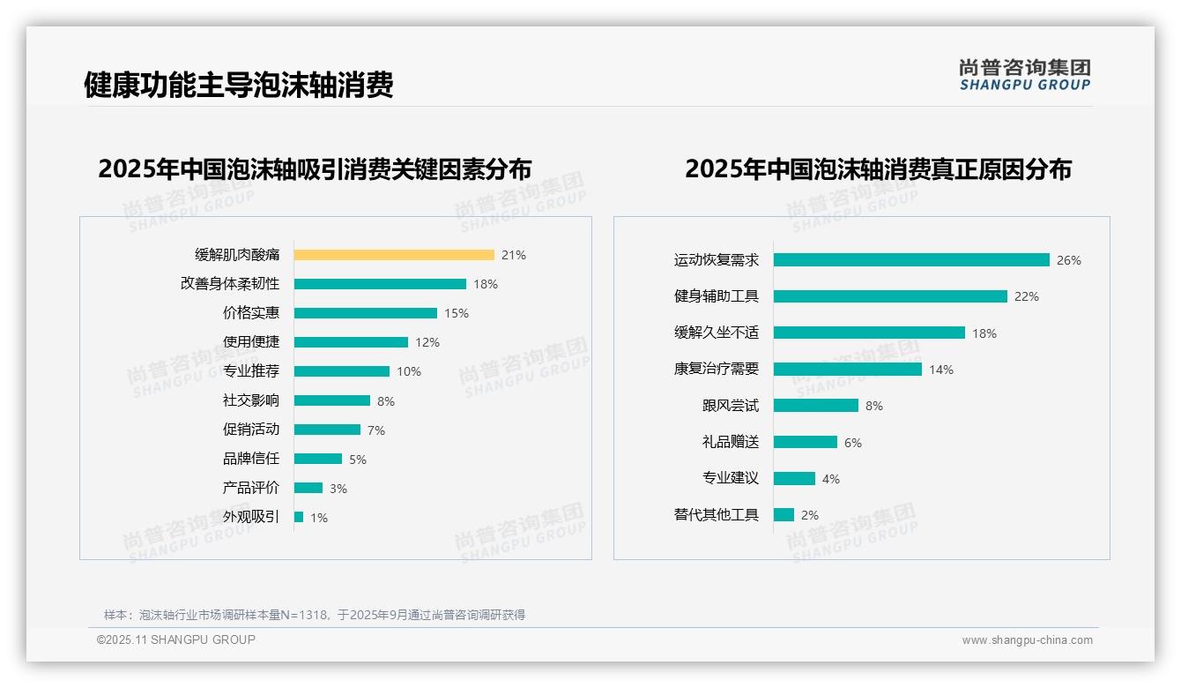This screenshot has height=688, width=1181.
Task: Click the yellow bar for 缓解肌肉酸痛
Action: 394,255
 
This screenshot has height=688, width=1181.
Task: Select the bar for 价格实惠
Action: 366,313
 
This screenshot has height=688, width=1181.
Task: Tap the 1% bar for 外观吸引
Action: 299,517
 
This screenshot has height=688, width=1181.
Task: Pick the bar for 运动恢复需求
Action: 911,260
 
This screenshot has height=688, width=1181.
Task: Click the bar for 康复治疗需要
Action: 848,370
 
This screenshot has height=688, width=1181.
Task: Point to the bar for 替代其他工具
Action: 784,514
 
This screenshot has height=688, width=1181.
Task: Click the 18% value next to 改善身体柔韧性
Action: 486,284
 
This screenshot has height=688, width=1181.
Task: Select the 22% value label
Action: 1026,296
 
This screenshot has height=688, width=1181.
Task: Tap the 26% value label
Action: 1068,260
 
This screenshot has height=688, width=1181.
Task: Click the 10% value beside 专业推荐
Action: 409,371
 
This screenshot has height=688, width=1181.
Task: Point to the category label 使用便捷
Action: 251,342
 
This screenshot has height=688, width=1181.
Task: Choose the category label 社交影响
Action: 251,400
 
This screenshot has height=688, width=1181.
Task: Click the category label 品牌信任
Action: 251,459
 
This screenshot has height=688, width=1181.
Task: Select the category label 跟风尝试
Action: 730,406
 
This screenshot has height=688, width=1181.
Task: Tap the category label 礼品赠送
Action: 730,442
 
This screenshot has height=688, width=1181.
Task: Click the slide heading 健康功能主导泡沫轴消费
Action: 238,85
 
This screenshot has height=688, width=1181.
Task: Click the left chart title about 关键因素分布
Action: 315,168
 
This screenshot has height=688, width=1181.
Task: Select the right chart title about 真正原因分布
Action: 878,168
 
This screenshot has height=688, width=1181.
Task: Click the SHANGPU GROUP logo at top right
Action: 1024,75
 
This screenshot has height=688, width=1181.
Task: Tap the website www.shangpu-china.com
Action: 1027,640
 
